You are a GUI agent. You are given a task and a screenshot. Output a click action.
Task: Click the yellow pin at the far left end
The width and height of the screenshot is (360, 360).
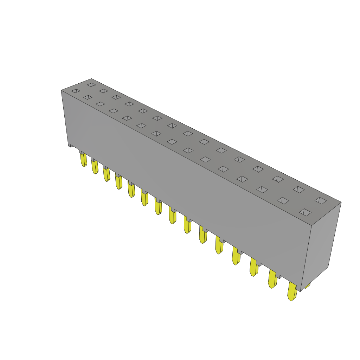tap(83, 160)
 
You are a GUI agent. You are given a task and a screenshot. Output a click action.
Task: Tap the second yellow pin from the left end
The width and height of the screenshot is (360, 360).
tap(95, 167)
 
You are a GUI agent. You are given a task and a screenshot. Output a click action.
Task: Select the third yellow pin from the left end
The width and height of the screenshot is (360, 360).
tap(106, 175)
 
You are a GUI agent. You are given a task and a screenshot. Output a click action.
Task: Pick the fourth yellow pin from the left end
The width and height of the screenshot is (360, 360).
tap(119, 182)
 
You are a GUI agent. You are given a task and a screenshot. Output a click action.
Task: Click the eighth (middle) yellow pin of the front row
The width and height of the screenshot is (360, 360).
tap(172, 215)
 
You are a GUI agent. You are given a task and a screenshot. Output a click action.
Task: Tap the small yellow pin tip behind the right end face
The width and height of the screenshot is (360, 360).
tap(308, 285)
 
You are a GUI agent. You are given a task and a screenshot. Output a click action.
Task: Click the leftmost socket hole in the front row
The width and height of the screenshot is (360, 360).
tap(76, 91)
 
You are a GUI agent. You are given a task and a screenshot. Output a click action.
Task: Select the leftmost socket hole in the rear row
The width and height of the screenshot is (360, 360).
tap(91, 85)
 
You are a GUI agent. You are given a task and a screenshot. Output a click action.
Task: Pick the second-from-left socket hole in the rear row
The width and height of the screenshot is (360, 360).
tap(103, 91)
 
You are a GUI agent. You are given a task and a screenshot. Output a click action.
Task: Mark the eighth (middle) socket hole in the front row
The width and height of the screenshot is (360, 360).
tap(172, 142)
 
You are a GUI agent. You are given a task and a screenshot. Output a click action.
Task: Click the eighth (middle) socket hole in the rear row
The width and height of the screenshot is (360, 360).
tap(188, 134)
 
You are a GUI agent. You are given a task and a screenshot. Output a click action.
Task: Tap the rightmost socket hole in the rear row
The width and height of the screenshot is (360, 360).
tap(320, 200)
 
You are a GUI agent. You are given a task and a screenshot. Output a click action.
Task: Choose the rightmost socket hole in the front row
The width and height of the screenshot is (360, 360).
tap(305, 212)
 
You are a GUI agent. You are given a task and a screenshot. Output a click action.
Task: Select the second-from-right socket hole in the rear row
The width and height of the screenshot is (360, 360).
tap(298, 189)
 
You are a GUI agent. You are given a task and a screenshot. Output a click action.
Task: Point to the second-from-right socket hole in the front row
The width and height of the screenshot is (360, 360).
tap(283, 200)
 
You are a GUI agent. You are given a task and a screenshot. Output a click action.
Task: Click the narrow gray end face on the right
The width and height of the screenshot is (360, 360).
tap(321, 246)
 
